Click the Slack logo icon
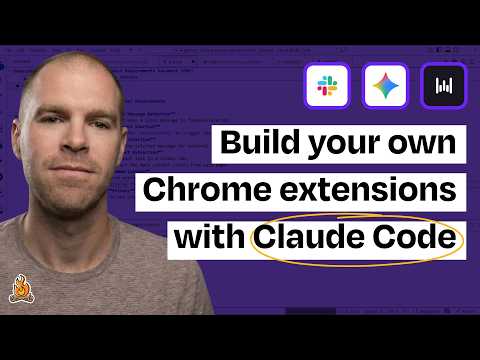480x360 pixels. coord(326,86)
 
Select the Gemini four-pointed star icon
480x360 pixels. coord(384,86)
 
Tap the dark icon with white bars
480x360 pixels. coord(441,86)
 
